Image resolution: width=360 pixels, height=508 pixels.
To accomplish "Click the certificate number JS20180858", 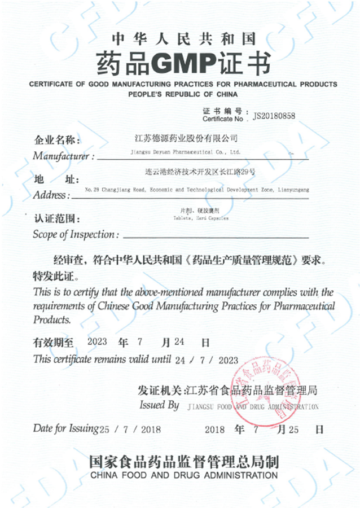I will [274, 117].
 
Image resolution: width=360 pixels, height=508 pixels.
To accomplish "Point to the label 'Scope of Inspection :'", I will [76, 234].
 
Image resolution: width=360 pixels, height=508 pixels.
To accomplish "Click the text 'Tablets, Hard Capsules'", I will [201, 217].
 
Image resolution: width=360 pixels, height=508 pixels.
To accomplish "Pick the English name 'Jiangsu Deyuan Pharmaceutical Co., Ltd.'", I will [182, 152].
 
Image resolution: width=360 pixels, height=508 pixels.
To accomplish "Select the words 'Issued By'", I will [159, 405].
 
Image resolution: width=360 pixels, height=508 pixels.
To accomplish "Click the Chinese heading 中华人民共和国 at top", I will [183, 39].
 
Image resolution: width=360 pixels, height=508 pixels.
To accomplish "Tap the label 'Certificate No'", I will [222, 119].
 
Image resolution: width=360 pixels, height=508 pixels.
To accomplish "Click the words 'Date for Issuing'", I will [65, 428].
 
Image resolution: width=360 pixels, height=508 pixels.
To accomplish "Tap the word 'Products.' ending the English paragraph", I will [52, 319].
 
